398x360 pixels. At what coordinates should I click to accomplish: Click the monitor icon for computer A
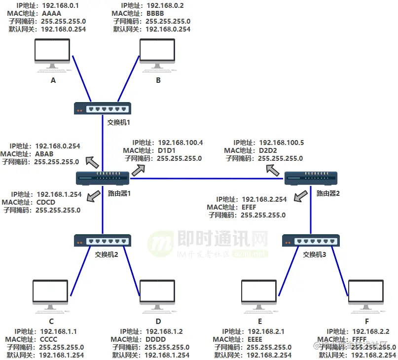[x=53, y=54]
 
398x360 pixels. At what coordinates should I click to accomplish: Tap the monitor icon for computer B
[x=158, y=54]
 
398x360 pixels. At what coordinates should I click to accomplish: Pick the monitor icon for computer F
[x=366, y=296]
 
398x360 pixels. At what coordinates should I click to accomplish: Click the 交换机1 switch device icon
[x=103, y=108]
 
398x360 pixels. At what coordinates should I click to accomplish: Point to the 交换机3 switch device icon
[x=310, y=240]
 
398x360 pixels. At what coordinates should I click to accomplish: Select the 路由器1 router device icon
[x=103, y=178]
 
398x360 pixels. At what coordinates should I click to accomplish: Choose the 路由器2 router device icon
[x=311, y=178]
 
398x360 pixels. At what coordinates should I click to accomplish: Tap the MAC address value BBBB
[x=155, y=13]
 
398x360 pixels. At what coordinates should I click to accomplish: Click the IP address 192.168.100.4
[x=180, y=143]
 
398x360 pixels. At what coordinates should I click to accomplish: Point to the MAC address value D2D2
[x=269, y=150]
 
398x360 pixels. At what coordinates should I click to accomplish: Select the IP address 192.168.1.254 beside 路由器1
[x=59, y=194]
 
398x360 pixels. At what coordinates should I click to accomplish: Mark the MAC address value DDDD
[x=156, y=339]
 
